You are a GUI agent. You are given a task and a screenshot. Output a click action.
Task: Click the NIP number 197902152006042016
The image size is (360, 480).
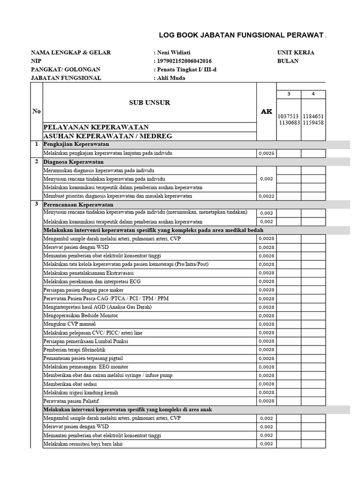click(184, 61)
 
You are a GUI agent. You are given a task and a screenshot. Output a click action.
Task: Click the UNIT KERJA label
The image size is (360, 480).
click(296, 52)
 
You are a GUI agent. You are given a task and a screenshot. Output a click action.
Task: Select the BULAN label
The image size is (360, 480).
click(288, 61)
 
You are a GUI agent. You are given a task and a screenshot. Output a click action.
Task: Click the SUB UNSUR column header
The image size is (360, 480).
click(150, 102)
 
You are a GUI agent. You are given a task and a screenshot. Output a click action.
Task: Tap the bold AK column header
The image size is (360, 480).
click(266, 112)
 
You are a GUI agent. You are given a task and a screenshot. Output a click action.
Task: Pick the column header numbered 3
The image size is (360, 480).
click(289, 94)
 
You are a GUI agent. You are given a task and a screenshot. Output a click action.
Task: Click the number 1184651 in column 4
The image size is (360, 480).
click(313, 116)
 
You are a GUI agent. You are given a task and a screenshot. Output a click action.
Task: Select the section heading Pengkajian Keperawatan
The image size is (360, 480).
click(76, 144)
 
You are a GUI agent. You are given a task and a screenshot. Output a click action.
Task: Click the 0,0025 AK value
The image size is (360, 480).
click(266, 153)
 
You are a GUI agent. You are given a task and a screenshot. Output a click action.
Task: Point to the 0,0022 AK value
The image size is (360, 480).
click(266, 196)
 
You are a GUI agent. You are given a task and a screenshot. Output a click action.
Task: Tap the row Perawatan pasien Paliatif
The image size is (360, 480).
click(71, 401)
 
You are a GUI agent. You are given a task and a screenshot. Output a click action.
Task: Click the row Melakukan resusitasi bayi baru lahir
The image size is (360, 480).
click(83, 444)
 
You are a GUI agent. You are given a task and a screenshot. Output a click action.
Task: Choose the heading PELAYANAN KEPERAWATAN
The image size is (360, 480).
click(96, 127)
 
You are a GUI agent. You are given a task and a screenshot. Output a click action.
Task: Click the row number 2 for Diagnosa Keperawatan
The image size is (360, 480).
click(36, 162)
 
